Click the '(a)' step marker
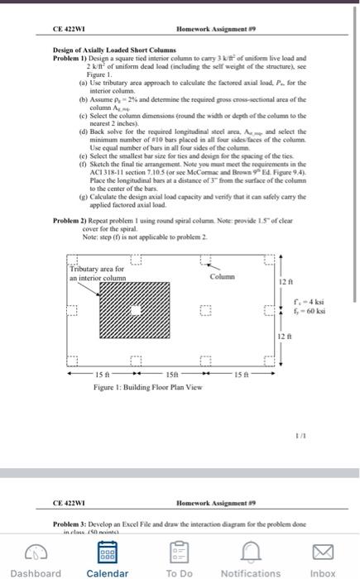pyautogui.click(x=80, y=80)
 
